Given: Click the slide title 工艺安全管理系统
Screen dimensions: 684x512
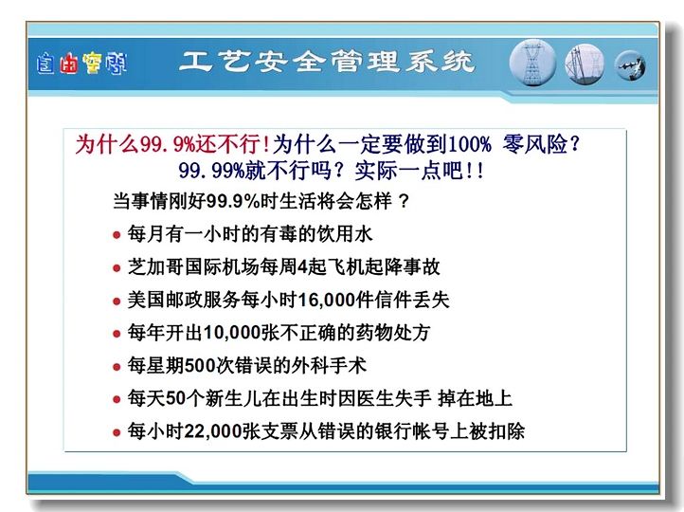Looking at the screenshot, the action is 326,61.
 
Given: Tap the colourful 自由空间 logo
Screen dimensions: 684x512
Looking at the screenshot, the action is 81,64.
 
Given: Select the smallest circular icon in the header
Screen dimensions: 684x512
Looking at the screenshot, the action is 630,66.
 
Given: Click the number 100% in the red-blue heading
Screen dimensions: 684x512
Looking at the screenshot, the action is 469,143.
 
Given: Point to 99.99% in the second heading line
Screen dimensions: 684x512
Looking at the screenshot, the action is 211,170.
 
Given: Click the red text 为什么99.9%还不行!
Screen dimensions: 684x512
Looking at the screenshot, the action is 172,143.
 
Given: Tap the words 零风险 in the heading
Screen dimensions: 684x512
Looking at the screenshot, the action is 535,143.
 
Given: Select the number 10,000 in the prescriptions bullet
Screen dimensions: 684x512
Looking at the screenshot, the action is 232,333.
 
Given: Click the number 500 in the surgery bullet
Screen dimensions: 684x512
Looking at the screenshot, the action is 200,365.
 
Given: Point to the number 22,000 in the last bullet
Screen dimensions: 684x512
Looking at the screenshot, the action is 213,431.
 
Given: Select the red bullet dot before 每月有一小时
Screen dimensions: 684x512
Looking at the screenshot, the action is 117,235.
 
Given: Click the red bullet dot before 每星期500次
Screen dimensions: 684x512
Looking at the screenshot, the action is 117,367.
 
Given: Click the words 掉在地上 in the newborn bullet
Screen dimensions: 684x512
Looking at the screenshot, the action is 475,398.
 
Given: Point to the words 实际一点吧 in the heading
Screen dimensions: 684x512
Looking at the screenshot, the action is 408,170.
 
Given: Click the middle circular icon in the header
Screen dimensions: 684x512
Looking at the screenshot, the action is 585,64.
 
